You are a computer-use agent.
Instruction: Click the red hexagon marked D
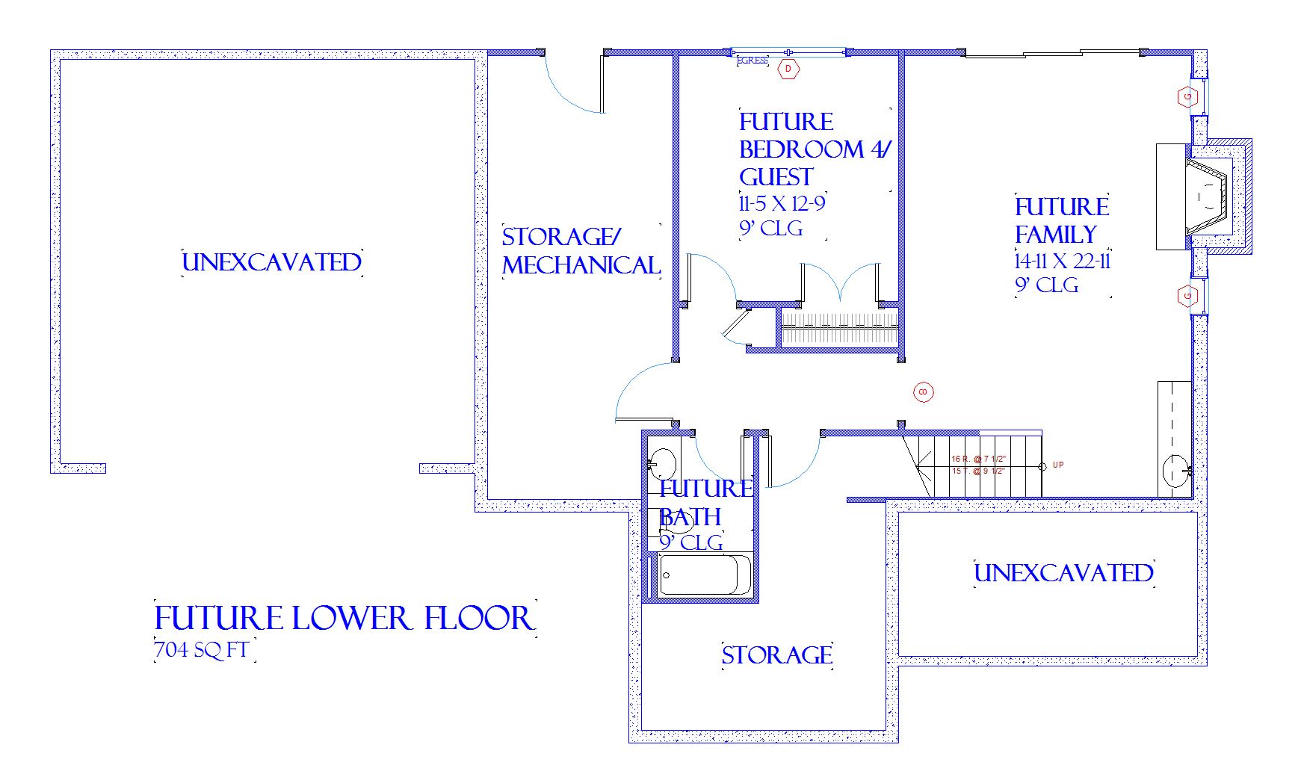[x=788, y=69]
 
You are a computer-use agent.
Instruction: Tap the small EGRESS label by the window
[x=752, y=61]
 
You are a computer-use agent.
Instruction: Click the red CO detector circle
[x=924, y=391]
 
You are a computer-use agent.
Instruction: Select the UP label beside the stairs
[x=1058, y=465]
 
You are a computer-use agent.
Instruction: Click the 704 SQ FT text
[x=201, y=650]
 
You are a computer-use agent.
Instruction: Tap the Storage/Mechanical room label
[x=581, y=251]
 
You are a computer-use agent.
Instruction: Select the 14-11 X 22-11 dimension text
[x=1063, y=261]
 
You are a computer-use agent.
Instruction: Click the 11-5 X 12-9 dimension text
[x=782, y=204]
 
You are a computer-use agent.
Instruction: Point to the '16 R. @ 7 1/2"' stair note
[x=978, y=459]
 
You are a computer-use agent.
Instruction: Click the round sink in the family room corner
[x=1175, y=471]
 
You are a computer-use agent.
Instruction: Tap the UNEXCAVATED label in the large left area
[x=272, y=262]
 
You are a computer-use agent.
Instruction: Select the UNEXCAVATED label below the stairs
[x=1063, y=573]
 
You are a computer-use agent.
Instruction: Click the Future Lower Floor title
[x=344, y=619]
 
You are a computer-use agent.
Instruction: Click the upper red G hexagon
[x=1187, y=96]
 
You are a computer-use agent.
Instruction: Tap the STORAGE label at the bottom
[x=777, y=655]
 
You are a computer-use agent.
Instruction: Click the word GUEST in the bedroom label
[x=776, y=177]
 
